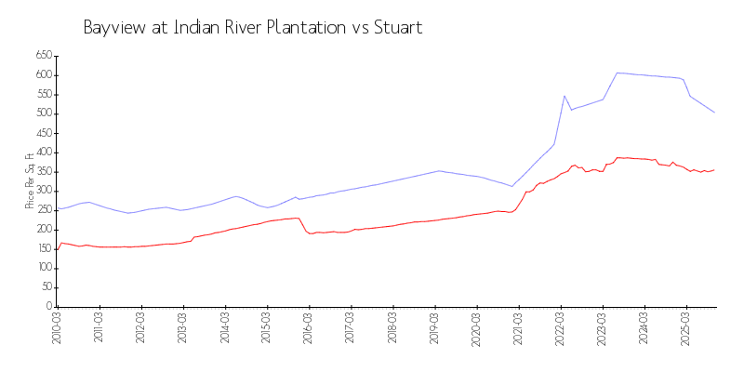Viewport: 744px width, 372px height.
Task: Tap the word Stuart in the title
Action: tap(397, 28)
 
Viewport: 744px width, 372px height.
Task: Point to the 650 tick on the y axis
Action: tap(43, 56)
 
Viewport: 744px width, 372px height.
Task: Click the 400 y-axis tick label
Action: tap(43, 153)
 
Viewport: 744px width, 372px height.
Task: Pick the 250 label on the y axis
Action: tap(43, 210)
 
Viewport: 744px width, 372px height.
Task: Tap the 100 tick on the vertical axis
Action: tap(43, 268)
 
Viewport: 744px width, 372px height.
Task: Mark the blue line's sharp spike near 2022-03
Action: tap(565, 95)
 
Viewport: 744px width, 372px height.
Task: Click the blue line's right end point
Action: tap(714, 113)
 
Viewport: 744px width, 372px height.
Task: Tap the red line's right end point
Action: tap(714, 169)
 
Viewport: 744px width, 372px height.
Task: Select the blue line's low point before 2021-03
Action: tap(511, 186)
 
